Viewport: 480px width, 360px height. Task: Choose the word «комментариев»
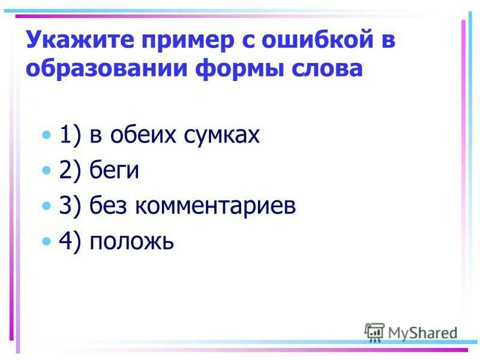tap(215, 206)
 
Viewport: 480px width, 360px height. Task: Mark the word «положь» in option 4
tap(131, 242)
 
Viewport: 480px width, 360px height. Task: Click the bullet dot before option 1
tap(48, 136)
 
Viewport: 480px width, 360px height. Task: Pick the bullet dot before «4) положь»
tap(48, 242)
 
